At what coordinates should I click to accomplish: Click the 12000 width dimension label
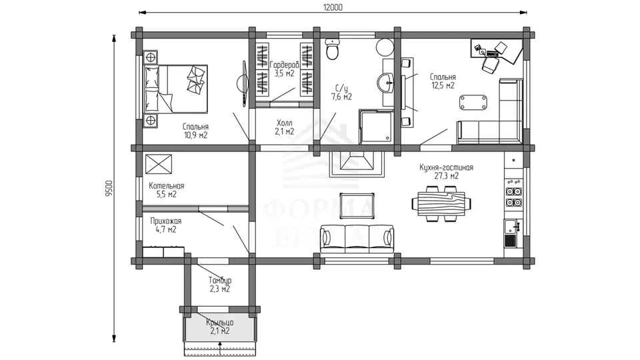[333, 7]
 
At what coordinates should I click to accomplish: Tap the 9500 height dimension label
[109, 189]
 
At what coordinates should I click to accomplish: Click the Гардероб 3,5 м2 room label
[285, 69]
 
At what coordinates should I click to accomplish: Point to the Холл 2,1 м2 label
[285, 127]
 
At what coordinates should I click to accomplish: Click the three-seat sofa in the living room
[357, 239]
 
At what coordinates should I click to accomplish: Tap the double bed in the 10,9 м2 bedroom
[175, 89]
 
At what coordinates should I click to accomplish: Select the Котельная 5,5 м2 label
[167, 190]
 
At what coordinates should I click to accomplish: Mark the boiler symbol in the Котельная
[159, 164]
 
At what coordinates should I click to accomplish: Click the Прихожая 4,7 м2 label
[166, 225]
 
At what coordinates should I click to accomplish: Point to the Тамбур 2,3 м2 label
[220, 285]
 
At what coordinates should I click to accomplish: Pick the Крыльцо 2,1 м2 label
[220, 327]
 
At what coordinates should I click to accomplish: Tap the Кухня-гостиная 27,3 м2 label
[446, 171]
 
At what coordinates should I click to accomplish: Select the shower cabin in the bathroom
[375, 127]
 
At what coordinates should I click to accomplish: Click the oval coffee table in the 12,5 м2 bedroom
[473, 102]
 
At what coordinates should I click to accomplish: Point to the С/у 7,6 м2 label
[341, 93]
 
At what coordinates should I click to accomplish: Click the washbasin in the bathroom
[385, 83]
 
